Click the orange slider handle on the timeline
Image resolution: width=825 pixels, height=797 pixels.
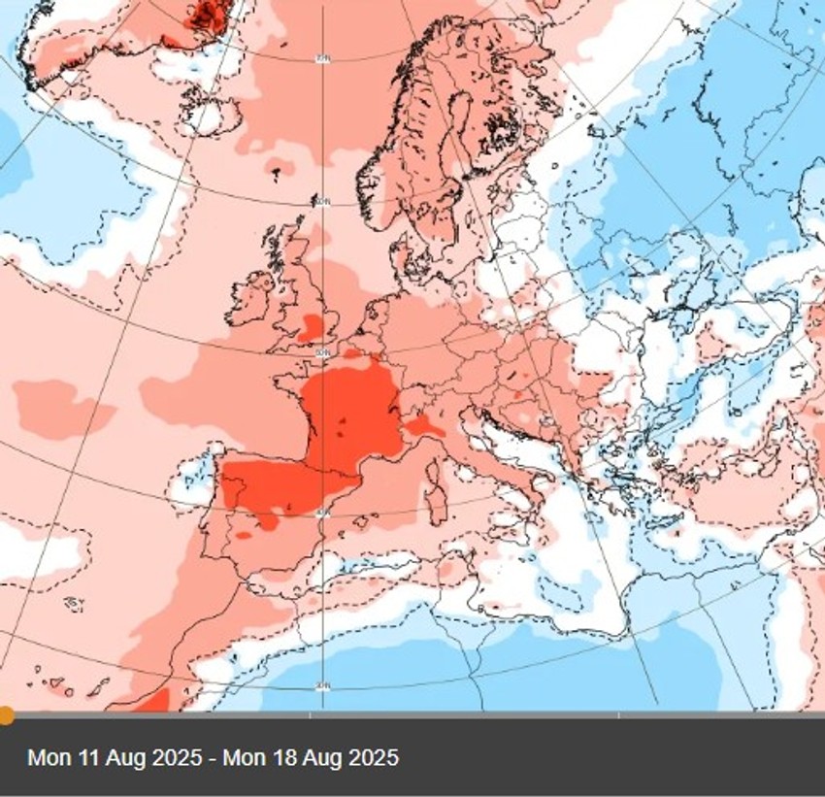(x=6, y=715)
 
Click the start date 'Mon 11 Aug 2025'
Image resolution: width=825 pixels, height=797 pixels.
(x=115, y=757)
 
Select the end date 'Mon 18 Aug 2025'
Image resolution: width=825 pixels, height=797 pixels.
(x=311, y=757)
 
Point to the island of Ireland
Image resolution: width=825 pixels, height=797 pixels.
(x=250, y=295)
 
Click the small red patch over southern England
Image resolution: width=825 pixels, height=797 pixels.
(x=313, y=327)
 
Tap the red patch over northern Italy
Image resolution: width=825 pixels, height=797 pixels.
(x=423, y=426)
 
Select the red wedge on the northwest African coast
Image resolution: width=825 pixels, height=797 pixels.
(x=153, y=700)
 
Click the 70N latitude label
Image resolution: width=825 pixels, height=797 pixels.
(x=321, y=59)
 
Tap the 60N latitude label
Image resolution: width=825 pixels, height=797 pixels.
(x=321, y=202)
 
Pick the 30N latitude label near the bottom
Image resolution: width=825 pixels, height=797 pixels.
(x=321, y=686)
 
